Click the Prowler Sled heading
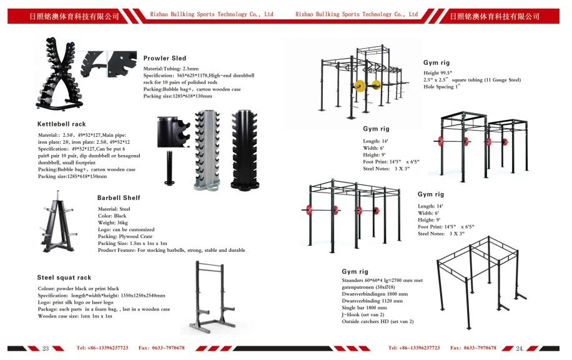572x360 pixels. pyautogui.click(x=165, y=58)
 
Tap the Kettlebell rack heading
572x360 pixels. pyautogui.click(x=61, y=124)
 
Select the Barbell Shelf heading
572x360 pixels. pyautogui.click(x=119, y=197)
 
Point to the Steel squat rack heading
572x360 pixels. pyautogui.click(x=64, y=277)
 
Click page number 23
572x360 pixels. pyautogui.click(x=45, y=348)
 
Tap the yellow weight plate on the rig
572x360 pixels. pyautogui.click(x=359, y=86)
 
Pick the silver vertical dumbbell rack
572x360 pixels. pyautogui.click(x=207, y=149)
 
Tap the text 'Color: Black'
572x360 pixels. pyautogui.click(x=112, y=216)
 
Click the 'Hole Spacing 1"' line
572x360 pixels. pyautogui.click(x=441, y=87)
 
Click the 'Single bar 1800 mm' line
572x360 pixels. pyautogui.click(x=364, y=307)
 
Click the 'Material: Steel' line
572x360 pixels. pyautogui.click(x=114, y=209)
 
